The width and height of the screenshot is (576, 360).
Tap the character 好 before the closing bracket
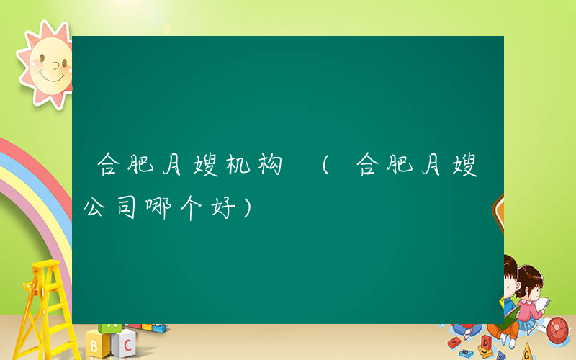[227, 210]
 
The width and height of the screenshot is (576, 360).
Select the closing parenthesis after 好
[248, 210]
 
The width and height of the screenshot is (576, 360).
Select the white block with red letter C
[125, 343]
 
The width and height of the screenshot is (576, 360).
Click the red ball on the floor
[559, 329]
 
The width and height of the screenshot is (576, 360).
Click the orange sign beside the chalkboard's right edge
[498, 212]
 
